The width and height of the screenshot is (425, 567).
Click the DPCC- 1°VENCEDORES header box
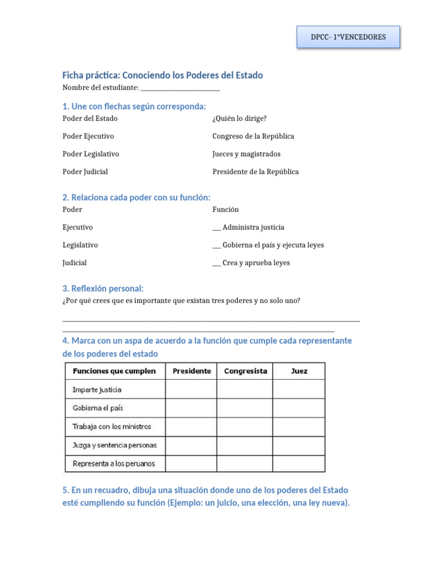(348, 38)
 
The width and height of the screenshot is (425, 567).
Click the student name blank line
(180, 89)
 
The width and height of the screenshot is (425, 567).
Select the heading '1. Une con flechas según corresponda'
(134, 106)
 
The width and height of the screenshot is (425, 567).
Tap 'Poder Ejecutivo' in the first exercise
(88, 136)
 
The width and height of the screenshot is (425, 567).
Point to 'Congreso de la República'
(253, 136)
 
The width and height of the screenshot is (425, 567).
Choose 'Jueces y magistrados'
(246, 154)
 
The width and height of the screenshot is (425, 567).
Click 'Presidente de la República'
(255, 172)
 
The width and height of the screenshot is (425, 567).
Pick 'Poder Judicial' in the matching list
(85, 172)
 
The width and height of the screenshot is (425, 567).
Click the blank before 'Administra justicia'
(216, 228)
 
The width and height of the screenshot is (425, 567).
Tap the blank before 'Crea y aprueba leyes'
(216, 264)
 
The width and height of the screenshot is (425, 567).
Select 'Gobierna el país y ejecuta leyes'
(273, 245)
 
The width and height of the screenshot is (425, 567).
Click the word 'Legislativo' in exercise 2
(80, 245)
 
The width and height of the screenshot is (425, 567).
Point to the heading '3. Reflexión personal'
(103, 288)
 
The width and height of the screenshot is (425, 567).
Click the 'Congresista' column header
(245, 371)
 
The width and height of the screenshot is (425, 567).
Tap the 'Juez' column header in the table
(299, 371)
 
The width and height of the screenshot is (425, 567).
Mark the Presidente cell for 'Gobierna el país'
(191, 408)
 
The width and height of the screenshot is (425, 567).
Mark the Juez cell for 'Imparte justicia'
(299, 389)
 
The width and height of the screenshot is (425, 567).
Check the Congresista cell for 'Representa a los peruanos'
(245, 463)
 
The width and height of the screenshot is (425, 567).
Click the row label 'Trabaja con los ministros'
(112, 426)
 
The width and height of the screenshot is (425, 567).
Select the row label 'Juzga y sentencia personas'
(115, 445)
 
